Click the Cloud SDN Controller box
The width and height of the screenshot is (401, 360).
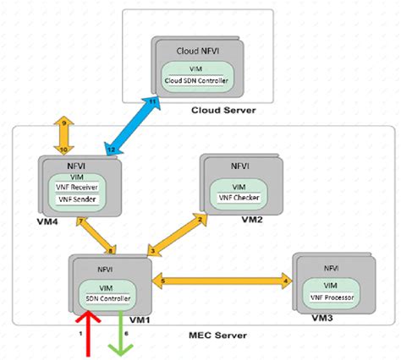(195, 81)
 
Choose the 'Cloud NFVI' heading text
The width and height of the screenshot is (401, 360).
(194, 50)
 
